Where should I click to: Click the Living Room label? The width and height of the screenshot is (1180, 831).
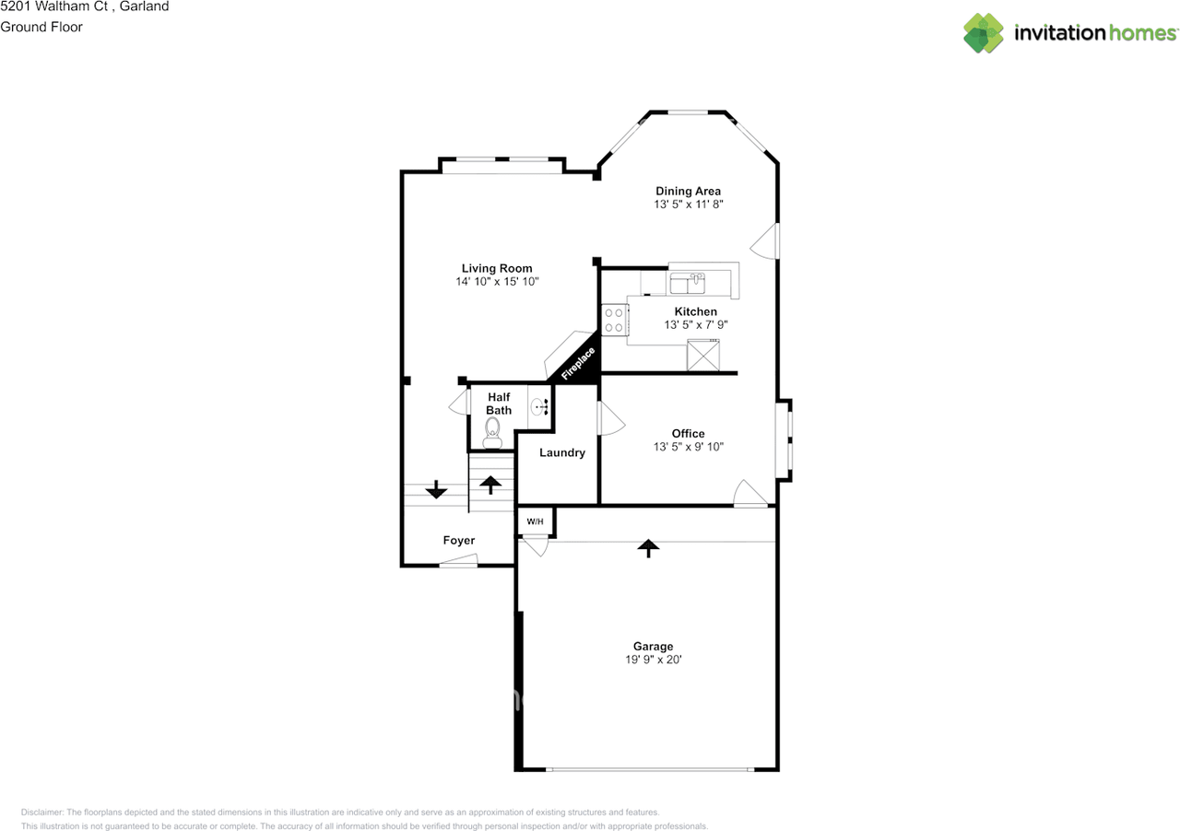pos(497,268)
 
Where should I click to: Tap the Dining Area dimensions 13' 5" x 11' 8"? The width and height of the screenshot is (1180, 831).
pos(688,205)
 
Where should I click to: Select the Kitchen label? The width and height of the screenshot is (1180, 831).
pos(695,311)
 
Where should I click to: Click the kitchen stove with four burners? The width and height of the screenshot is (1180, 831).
pos(614,320)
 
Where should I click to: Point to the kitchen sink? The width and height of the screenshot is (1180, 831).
pos(687,278)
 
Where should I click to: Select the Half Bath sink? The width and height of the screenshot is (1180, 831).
pos(540,404)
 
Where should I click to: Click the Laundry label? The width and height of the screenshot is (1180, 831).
pos(561,452)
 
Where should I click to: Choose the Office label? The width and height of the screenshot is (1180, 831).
pos(688,433)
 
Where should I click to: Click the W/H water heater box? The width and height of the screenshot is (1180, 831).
pos(535,522)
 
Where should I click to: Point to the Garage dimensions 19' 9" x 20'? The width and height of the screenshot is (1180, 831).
pos(653,660)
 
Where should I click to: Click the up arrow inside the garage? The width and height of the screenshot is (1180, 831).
pos(649,548)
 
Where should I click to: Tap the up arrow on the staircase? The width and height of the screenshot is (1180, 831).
pos(490,484)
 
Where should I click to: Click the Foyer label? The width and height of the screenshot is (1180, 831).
pos(458,541)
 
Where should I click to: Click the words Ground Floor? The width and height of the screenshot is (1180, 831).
pos(41,27)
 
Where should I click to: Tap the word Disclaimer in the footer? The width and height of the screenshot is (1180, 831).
pos(41,813)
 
